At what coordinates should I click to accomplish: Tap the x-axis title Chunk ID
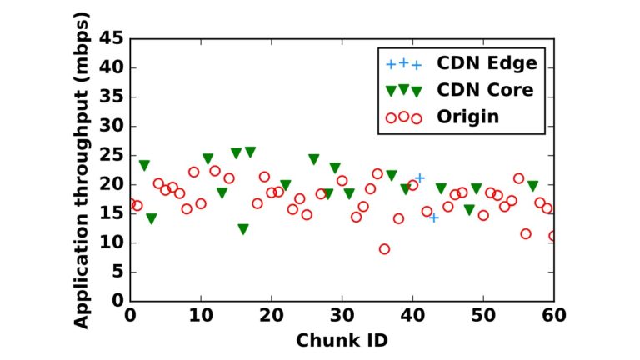point(342,341)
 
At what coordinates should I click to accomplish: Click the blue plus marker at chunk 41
point(420,177)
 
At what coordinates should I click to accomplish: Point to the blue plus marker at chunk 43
point(434,217)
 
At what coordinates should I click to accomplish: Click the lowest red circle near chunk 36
point(384,248)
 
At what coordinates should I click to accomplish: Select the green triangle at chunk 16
point(242,229)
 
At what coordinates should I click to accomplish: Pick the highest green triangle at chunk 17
point(250,152)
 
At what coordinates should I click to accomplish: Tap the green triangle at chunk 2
point(144,165)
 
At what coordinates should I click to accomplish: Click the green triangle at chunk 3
point(151,218)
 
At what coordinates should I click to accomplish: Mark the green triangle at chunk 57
point(533,186)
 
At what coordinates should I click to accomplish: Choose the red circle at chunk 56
point(526,233)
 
